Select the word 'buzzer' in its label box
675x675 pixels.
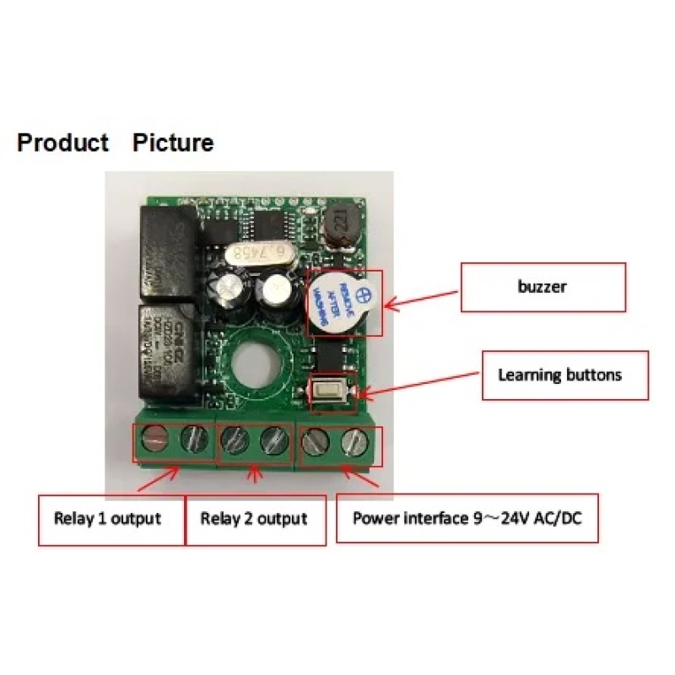(542, 286)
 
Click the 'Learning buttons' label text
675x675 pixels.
(559, 374)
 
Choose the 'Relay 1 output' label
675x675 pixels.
(107, 517)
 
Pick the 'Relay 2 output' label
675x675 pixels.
(253, 517)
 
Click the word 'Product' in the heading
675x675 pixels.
(63, 143)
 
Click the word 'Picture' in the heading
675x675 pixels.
(173, 143)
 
